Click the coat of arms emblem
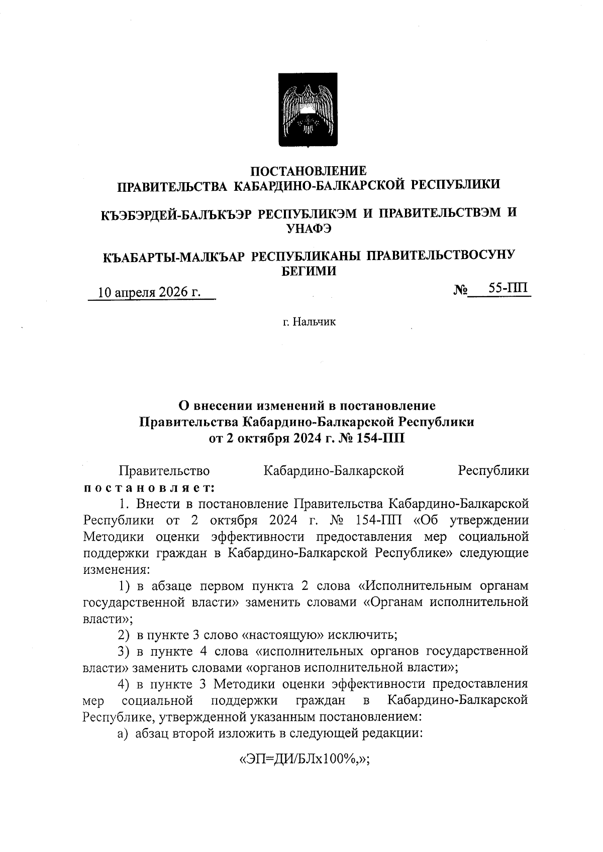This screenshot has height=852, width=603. (x=309, y=109)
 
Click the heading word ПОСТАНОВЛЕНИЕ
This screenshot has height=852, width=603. (x=309, y=171)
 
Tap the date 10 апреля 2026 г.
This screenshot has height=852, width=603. (x=149, y=293)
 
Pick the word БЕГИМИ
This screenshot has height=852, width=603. (x=308, y=272)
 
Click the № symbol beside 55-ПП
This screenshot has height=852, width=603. (x=460, y=290)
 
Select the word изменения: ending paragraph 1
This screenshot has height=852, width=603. (x=115, y=570)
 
